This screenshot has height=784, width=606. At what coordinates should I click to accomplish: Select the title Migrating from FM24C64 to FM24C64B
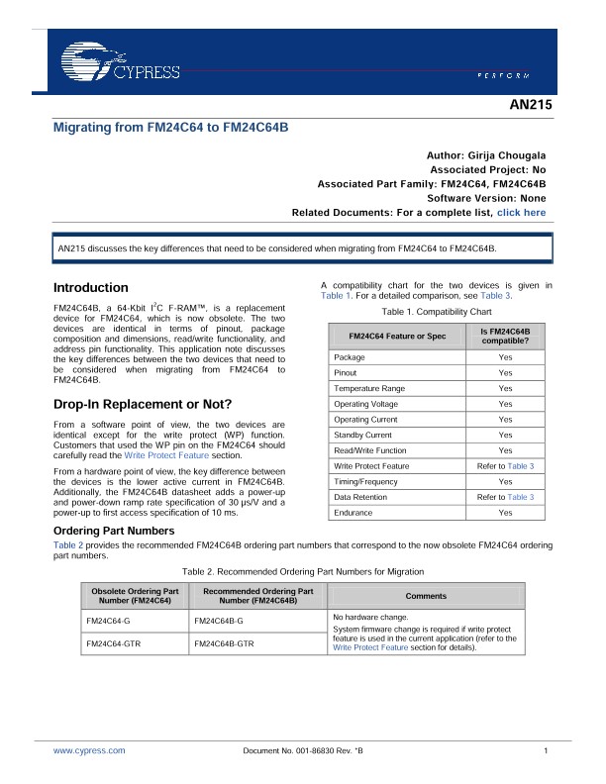(x=170, y=128)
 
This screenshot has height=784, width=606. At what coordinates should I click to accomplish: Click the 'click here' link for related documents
(x=521, y=213)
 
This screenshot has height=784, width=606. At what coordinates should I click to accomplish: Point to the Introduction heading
(x=90, y=288)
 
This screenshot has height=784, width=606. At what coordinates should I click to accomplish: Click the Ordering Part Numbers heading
(x=113, y=532)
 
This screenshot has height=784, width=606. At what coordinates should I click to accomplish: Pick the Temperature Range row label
(x=369, y=388)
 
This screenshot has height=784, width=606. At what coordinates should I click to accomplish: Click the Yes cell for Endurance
(x=505, y=513)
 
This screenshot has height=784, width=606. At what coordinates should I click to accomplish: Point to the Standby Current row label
(x=362, y=435)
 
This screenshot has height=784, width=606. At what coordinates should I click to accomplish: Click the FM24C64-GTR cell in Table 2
(x=113, y=643)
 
